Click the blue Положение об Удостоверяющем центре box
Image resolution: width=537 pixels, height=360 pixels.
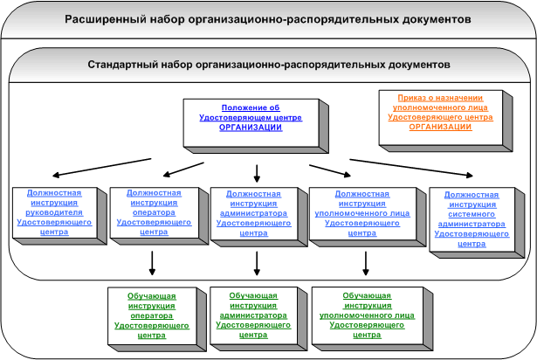(256, 126)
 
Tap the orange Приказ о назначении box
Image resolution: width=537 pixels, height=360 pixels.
(445, 121)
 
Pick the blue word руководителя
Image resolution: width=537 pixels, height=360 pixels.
(54, 212)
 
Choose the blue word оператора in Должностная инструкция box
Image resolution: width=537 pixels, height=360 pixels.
(154, 212)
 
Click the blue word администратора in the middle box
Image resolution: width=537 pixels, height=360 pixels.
(253, 213)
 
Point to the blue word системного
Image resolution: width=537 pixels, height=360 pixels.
(472, 214)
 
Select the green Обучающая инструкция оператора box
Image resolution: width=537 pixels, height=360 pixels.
(157, 319)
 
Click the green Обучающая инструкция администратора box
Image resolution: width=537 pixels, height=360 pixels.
(258, 319)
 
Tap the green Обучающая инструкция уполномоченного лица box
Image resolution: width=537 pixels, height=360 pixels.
(372, 319)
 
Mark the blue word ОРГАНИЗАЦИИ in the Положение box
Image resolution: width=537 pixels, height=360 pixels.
(251, 128)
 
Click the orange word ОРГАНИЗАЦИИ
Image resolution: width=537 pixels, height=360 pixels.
(440, 127)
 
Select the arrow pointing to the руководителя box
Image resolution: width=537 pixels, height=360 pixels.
(101, 167)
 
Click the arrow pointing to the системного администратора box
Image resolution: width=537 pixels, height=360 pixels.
(411, 168)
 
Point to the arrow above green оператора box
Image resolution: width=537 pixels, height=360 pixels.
(152, 263)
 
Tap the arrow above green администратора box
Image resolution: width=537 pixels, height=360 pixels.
(257, 263)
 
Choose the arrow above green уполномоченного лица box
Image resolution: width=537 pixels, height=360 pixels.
(365, 263)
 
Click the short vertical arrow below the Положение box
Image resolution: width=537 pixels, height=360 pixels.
(257, 174)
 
